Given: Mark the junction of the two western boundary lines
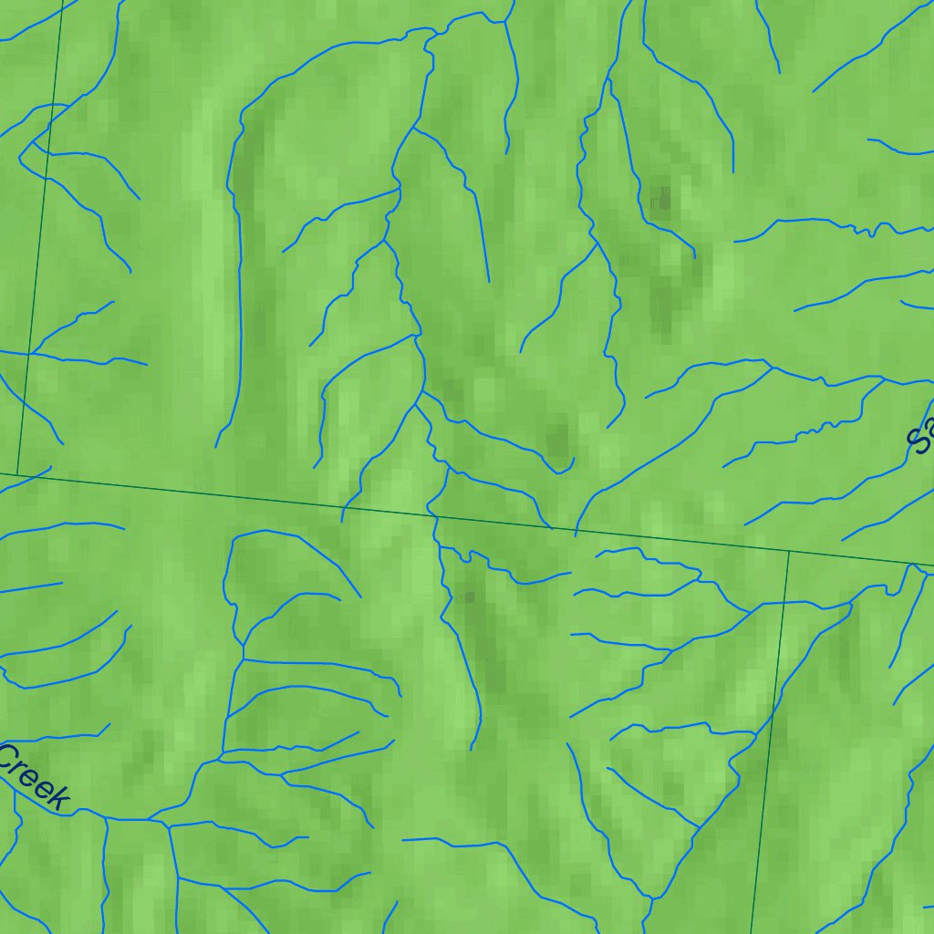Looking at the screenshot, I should click(18, 473).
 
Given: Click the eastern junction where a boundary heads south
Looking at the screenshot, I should click(789, 551).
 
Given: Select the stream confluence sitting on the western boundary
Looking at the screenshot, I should click(31, 353).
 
